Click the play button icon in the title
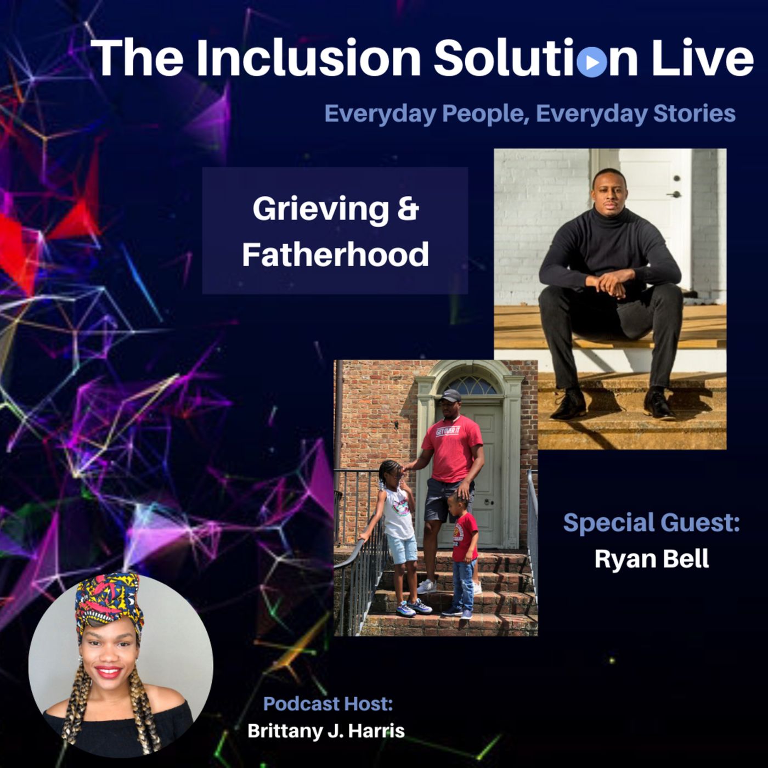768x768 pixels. pos(591,62)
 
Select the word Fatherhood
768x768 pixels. pos(335,254)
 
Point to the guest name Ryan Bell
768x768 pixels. pos(652,559)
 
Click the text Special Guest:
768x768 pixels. pos(651,522)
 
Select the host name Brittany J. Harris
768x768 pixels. pos(326,731)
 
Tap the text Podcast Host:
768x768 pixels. pos(328,703)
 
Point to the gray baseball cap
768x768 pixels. pos(450,396)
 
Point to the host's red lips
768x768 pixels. pos(109,673)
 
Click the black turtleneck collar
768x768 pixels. pos(609,218)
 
